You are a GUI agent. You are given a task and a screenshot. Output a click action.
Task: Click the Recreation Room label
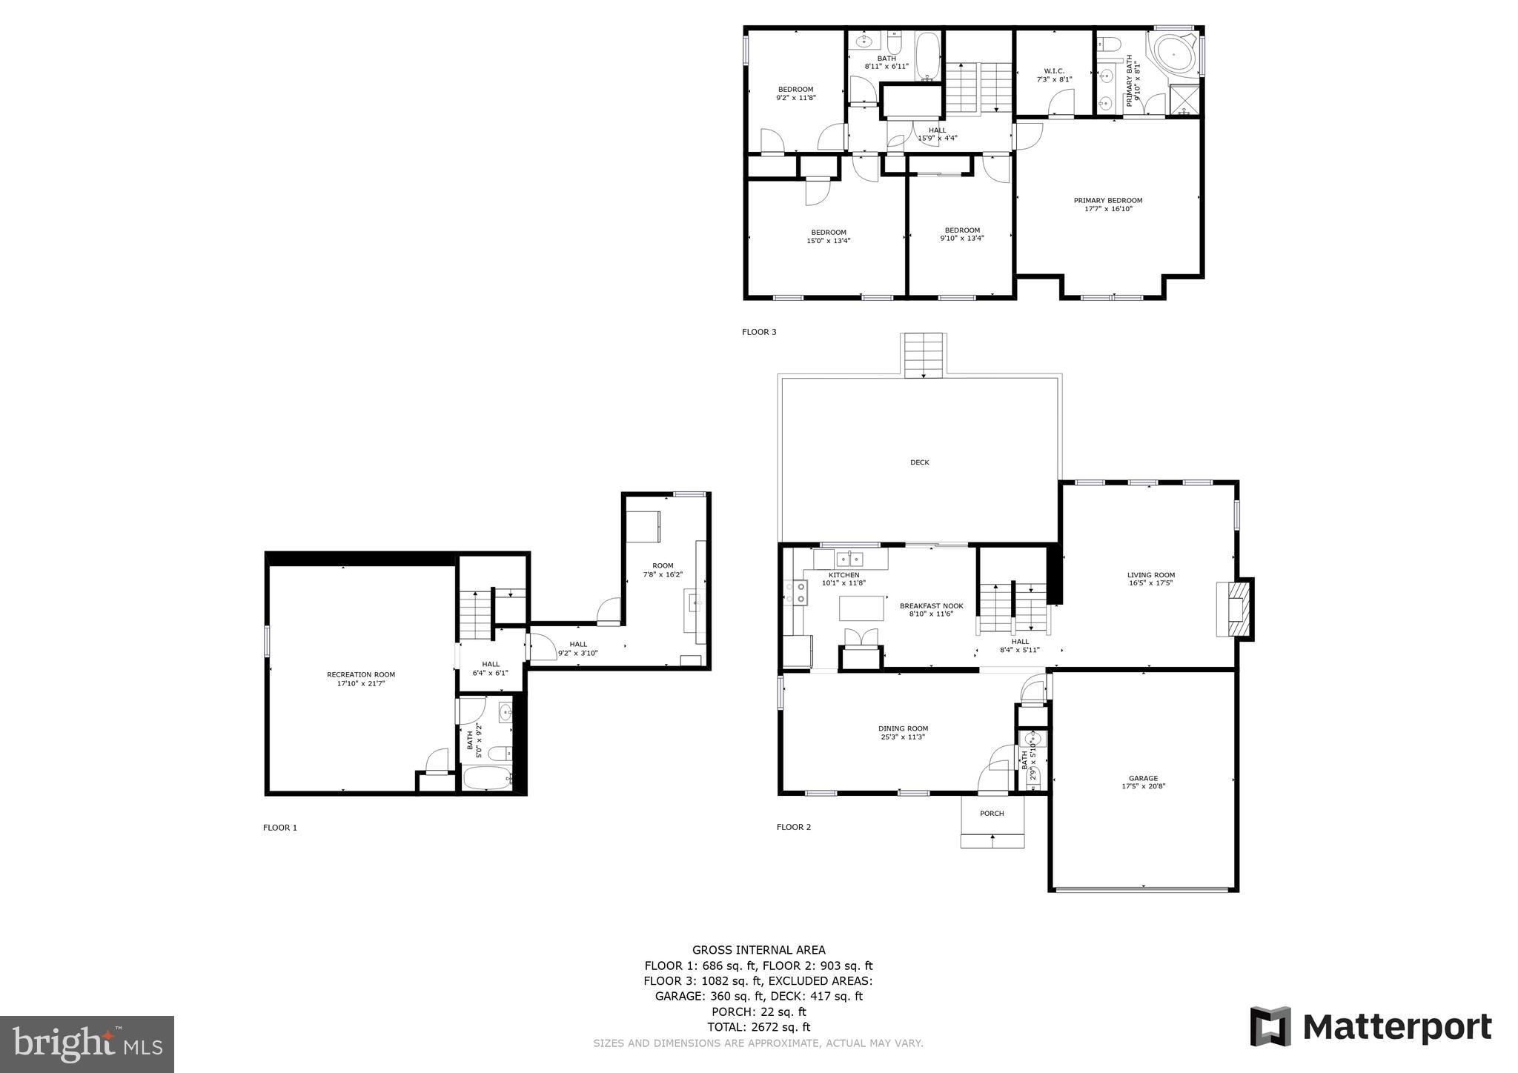pos(361,674)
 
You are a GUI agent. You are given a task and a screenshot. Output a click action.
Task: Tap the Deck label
pos(919,462)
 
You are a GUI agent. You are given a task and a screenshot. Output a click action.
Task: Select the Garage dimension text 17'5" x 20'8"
pos(1143,786)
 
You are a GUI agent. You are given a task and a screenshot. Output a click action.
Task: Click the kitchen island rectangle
pos(861,608)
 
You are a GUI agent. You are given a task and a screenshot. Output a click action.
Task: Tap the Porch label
pos(992,814)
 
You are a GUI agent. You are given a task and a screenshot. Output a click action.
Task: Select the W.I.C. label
pos(1054,71)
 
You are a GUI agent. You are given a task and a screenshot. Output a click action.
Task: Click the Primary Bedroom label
pos(1108,200)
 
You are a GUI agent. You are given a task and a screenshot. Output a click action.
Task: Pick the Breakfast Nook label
pos(931,605)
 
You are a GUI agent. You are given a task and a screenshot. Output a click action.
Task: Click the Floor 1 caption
pos(279,828)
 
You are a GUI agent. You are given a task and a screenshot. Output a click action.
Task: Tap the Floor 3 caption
pos(759,332)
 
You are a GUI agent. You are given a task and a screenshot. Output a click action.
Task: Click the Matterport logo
pos(1370,1027)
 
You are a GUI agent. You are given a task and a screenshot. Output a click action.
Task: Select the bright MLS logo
pos(87,1045)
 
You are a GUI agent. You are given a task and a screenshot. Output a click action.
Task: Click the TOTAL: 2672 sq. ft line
pos(758,1027)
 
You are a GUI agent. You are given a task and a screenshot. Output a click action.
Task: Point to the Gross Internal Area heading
pos(758,950)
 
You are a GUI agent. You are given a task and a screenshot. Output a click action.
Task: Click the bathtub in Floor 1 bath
pos(487,779)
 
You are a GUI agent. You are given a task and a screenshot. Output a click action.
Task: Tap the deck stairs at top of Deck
pos(924,354)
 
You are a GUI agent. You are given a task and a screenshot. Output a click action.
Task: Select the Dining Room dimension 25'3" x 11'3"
pos(903,737)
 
